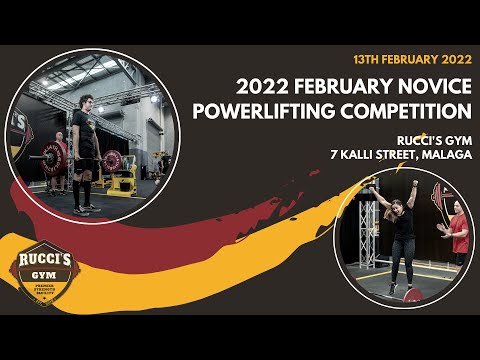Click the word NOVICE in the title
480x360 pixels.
tap(424, 82)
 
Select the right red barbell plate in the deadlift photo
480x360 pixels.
tap(113, 160)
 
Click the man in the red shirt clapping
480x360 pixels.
tap(458, 233)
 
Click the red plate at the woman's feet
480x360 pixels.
tap(410, 296)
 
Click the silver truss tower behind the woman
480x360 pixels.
tap(376, 230)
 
